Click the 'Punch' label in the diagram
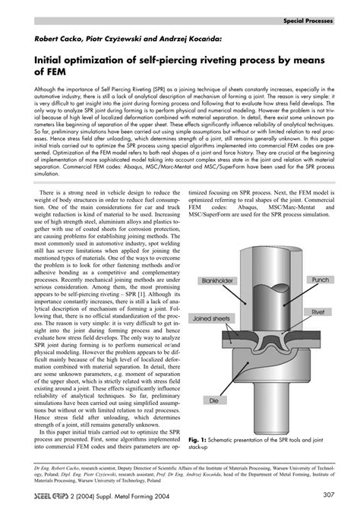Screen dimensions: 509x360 click(320, 280)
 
